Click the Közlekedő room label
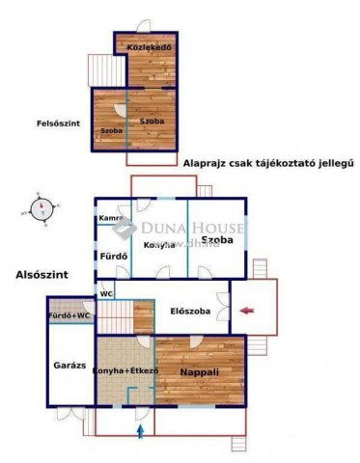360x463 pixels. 150,44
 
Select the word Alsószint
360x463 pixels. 42,275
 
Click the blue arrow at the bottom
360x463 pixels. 143,429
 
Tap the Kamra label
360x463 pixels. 109,219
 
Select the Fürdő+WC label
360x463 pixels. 69,315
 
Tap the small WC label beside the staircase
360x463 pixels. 105,293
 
